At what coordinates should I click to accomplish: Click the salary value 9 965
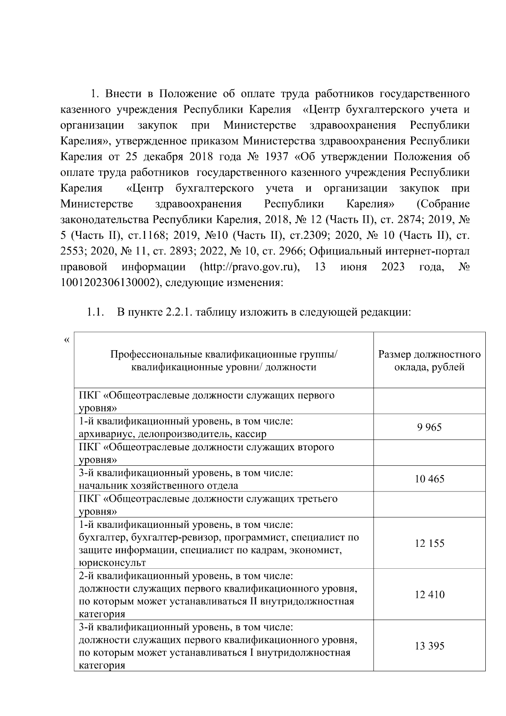[429, 427]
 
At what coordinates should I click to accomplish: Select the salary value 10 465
[429, 479]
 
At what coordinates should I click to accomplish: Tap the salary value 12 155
[429, 543]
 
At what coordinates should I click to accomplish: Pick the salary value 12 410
[429, 595]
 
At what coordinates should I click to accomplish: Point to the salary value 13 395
[429, 646]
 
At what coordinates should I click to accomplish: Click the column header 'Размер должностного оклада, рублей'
[429, 360]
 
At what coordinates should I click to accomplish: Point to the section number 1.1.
[95, 313]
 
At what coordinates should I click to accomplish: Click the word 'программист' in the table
[250, 538]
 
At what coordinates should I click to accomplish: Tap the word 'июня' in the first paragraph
[353, 267]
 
